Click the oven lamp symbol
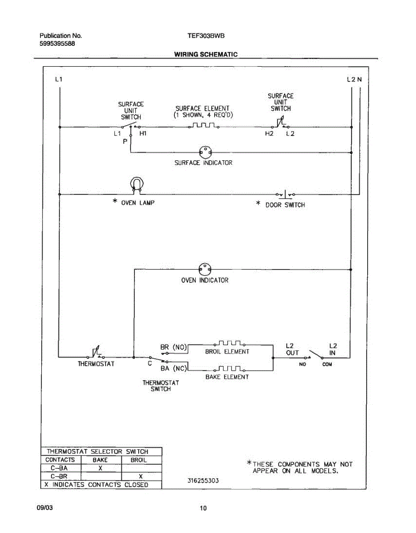(137, 185)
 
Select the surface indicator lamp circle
(205, 152)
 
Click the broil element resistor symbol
(229, 343)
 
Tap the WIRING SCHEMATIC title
(206, 55)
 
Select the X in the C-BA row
(101, 468)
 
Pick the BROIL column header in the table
(139, 460)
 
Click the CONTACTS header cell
(60, 460)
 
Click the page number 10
(203, 509)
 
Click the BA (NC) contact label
(173, 368)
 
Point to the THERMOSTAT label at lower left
(96, 364)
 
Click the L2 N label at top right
(354, 80)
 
